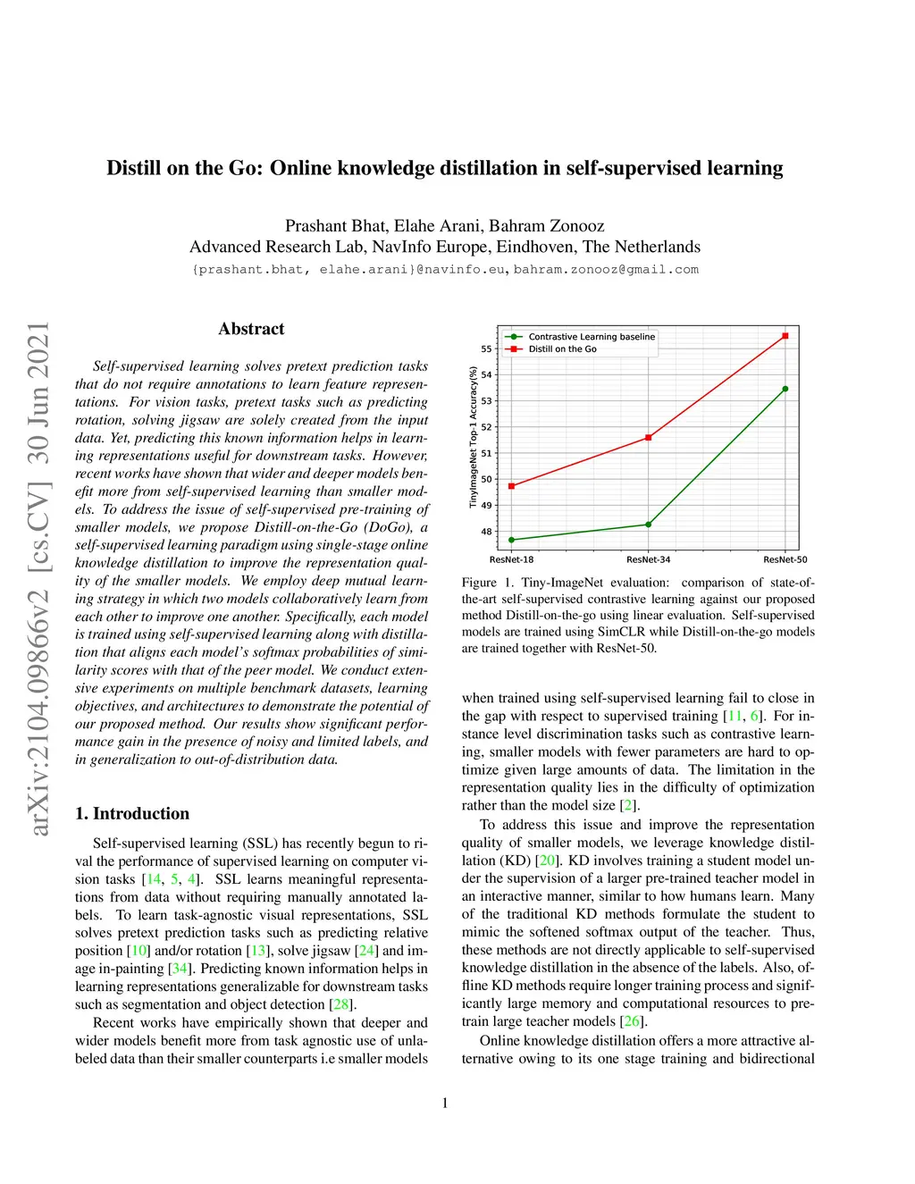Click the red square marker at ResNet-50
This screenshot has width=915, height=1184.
pyautogui.click(x=785, y=336)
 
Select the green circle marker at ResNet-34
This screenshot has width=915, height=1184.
pyautogui.click(x=649, y=525)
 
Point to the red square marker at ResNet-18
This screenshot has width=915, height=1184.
pyautogui.click(x=512, y=486)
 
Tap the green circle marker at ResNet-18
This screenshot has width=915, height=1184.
pyautogui.click(x=512, y=540)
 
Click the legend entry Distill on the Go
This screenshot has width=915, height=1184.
pyautogui.click(x=562, y=349)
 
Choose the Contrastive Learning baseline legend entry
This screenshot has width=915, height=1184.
pyautogui.click(x=592, y=337)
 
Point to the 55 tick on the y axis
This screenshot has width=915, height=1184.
pyautogui.click(x=486, y=348)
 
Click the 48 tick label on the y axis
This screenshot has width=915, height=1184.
pyautogui.click(x=486, y=532)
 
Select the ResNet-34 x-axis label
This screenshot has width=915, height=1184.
pyautogui.click(x=649, y=560)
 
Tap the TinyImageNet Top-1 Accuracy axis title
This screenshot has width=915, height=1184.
pyautogui.click(x=474, y=438)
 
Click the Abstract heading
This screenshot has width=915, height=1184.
pyautogui.click(x=251, y=329)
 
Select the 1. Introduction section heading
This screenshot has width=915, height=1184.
pyautogui.click(x=132, y=813)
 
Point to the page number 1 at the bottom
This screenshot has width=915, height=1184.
pyautogui.click(x=445, y=1104)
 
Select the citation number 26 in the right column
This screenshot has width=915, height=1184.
pyautogui.click(x=632, y=1021)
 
